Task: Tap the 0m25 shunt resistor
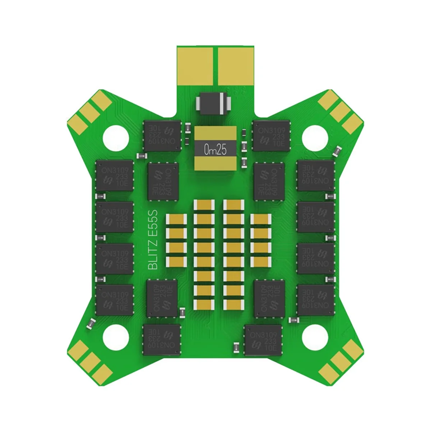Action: coord(215,148)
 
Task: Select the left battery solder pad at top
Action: coord(196,65)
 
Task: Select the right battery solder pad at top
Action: coord(235,65)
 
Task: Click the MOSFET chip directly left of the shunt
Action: coord(162,136)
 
